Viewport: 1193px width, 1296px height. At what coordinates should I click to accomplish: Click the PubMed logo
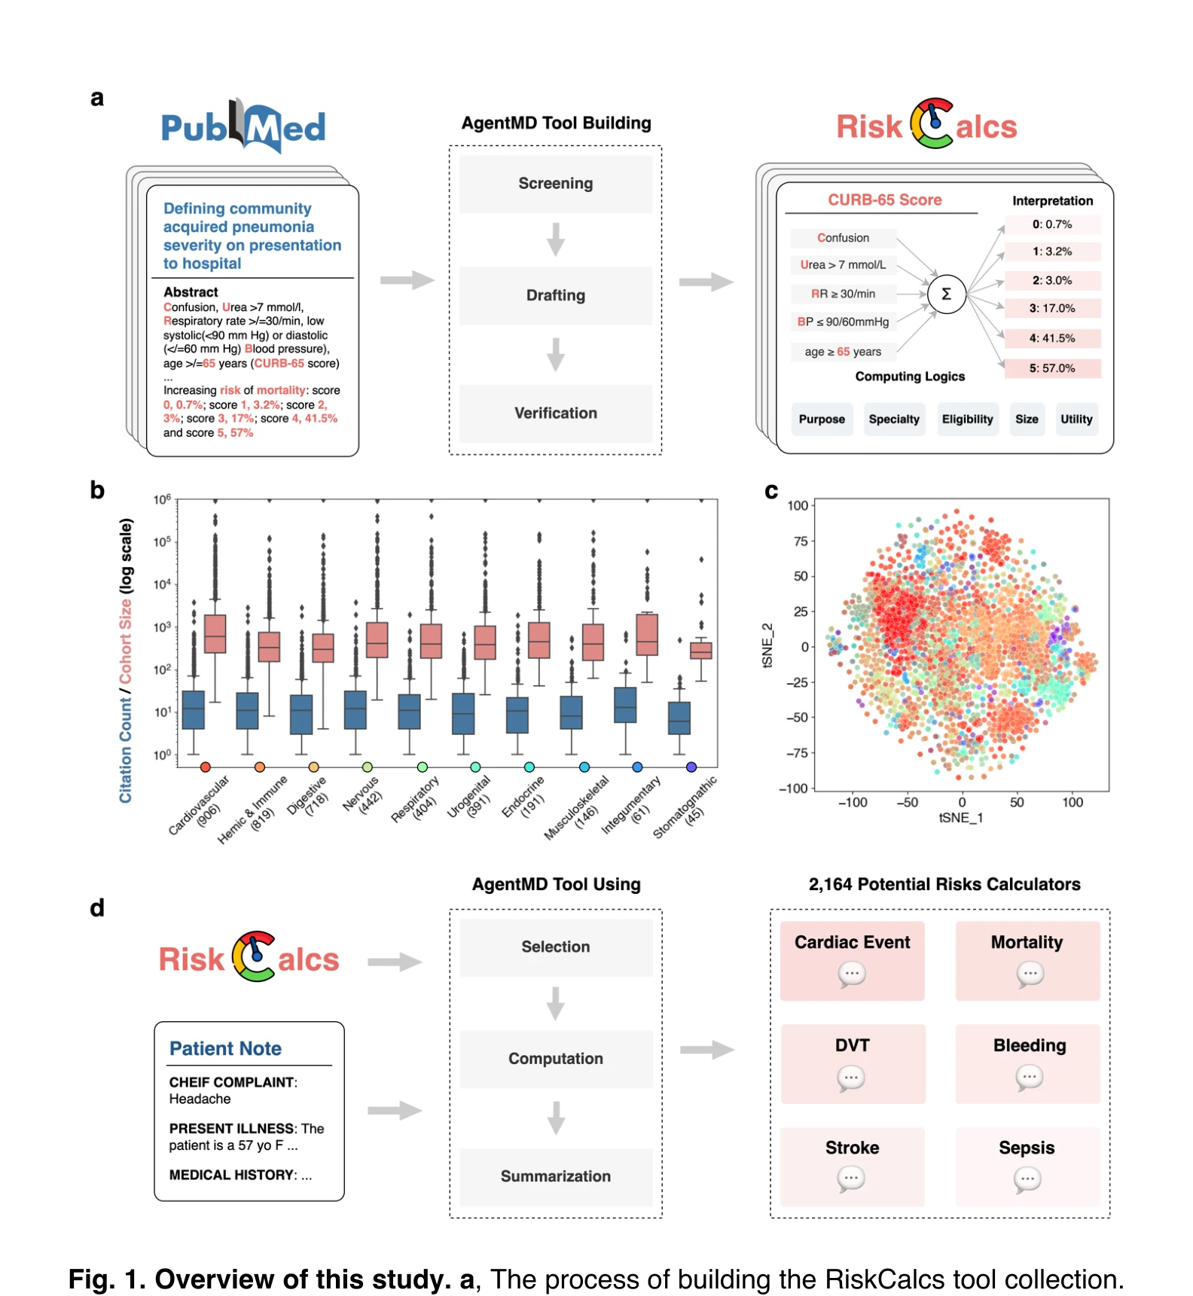[x=243, y=126]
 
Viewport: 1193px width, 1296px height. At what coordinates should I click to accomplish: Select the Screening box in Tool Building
[x=556, y=184]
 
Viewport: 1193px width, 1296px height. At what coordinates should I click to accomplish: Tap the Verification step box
[x=556, y=413]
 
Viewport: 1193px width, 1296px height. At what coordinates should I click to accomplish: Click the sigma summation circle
[x=947, y=294]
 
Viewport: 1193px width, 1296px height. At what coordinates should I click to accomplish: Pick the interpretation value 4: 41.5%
[x=1052, y=338]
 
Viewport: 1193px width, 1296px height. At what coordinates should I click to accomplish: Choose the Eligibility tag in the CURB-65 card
[x=968, y=419]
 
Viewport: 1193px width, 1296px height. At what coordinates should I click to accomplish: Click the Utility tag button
[x=1076, y=419]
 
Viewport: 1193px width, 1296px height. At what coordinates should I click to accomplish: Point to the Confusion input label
[x=843, y=238]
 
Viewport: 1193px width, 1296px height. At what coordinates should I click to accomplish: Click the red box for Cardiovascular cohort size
[x=215, y=633]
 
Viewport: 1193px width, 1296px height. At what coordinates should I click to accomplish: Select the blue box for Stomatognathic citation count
[x=679, y=718]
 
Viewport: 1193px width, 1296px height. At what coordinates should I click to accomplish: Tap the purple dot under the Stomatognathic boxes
[x=691, y=767]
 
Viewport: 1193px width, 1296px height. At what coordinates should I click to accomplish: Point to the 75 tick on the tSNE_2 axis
[x=801, y=541]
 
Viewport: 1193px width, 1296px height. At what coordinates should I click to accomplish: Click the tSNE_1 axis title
[x=961, y=818]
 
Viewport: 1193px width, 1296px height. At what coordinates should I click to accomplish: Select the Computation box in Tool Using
[x=556, y=1059]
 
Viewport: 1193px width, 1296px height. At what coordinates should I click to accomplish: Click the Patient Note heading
[x=225, y=1048]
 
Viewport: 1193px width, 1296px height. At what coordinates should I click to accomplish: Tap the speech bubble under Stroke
[x=852, y=1179]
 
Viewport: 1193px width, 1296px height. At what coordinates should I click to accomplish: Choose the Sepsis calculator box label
[x=1027, y=1148]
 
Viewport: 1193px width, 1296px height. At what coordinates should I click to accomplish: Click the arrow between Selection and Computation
[x=556, y=1004]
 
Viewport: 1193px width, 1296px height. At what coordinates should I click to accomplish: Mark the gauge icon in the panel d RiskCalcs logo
[x=254, y=956]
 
